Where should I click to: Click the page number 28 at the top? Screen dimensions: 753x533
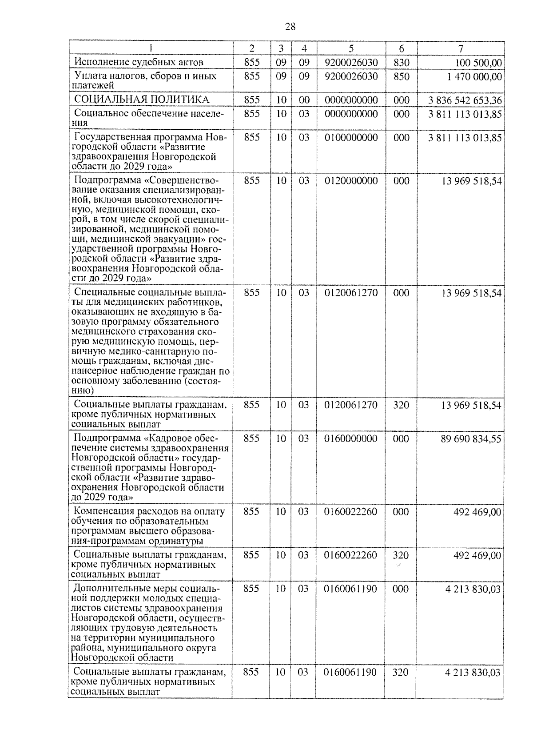290,27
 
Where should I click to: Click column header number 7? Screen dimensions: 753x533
461,48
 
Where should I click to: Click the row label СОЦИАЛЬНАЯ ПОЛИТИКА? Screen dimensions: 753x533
141,100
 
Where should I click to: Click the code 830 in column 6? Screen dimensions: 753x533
402,63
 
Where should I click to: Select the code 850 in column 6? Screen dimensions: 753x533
402,76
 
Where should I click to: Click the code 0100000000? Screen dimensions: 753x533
351,138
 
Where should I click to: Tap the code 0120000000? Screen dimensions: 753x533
351,181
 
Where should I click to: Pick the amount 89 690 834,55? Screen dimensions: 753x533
471,439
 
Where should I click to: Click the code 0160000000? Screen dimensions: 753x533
350,439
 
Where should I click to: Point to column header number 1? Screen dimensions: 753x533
151,48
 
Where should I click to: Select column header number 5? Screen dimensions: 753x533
351,48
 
